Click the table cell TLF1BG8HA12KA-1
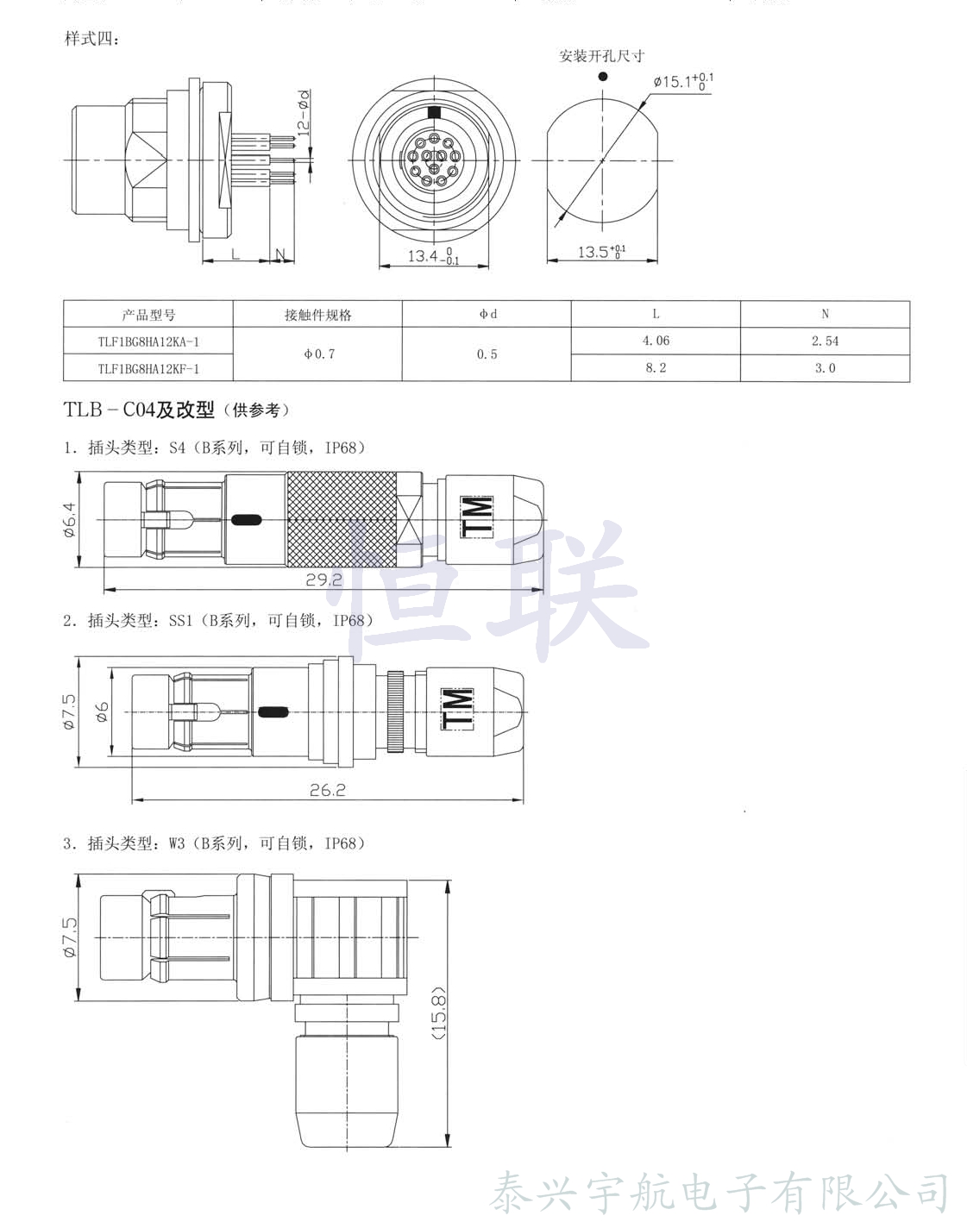coord(148,341)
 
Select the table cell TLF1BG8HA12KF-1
coord(148,368)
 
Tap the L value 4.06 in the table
coord(656,341)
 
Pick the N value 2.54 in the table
coord(825,341)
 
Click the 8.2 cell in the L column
coord(656,368)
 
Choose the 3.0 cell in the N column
coord(825,368)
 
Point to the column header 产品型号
coord(148,315)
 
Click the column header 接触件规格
coord(318,315)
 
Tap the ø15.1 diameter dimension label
coord(683,82)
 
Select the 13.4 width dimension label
coord(434,256)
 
